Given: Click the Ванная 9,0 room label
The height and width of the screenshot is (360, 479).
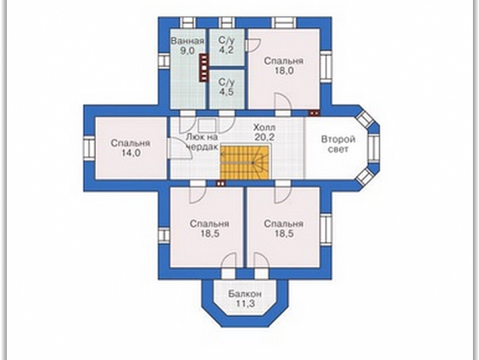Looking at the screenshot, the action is [x=187, y=46].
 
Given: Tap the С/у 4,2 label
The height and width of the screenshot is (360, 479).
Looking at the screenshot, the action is [x=227, y=45].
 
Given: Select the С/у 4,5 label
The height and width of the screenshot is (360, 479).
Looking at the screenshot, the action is [x=227, y=87].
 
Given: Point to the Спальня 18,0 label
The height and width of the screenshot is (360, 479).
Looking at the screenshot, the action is [x=283, y=66].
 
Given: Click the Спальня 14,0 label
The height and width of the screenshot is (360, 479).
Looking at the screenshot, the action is [x=131, y=148].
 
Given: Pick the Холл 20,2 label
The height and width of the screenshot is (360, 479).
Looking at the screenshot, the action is [x=264, y=132].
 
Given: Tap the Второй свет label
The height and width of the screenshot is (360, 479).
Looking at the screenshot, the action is [x=338, y=144].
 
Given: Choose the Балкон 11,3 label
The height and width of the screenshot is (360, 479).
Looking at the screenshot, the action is [x=245, y=299].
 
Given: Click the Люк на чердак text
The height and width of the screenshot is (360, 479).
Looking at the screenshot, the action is [x=202, y=141].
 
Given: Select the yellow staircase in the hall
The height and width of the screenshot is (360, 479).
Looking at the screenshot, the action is [x=245, y=163].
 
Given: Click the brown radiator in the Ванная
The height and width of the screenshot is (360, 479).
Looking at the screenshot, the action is [x=203, y=68].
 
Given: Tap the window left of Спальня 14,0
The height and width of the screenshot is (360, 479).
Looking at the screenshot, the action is [x=89, y=148].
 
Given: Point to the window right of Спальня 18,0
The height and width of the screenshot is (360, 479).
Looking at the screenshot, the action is [x=326, y=66].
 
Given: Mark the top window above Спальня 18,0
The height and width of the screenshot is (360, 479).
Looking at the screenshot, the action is [x=284, y=23].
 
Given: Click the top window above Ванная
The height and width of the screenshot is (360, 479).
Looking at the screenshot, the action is [x=187, y=23].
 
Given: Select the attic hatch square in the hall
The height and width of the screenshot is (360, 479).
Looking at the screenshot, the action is [x=207, y=126].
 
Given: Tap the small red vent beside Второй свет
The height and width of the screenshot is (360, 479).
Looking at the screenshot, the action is [x=314, y=113].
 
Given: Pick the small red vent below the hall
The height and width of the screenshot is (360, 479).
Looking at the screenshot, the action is [x=221, y=184].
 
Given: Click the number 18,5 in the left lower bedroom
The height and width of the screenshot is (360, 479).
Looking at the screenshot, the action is [x=209, y=234].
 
